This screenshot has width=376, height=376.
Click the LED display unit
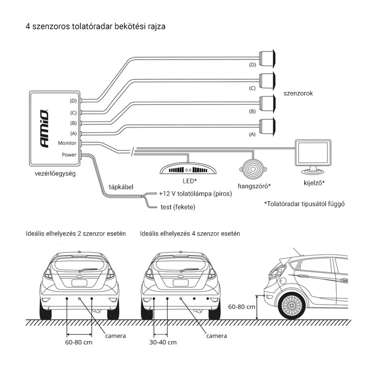point(189,170)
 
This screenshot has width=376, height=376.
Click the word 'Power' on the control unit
point(69,155)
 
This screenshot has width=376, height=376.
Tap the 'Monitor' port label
point(67,143)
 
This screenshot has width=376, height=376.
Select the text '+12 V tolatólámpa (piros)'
point(195,194)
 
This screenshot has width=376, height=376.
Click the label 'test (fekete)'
point(178,207)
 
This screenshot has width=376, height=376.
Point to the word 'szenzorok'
point(298,94)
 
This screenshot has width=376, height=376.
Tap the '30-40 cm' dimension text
point(163,343)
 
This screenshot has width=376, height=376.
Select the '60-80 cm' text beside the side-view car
point(241,306)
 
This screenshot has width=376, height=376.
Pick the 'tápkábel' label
point(121,187)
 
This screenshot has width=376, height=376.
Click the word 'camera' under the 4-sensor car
point(217,336)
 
